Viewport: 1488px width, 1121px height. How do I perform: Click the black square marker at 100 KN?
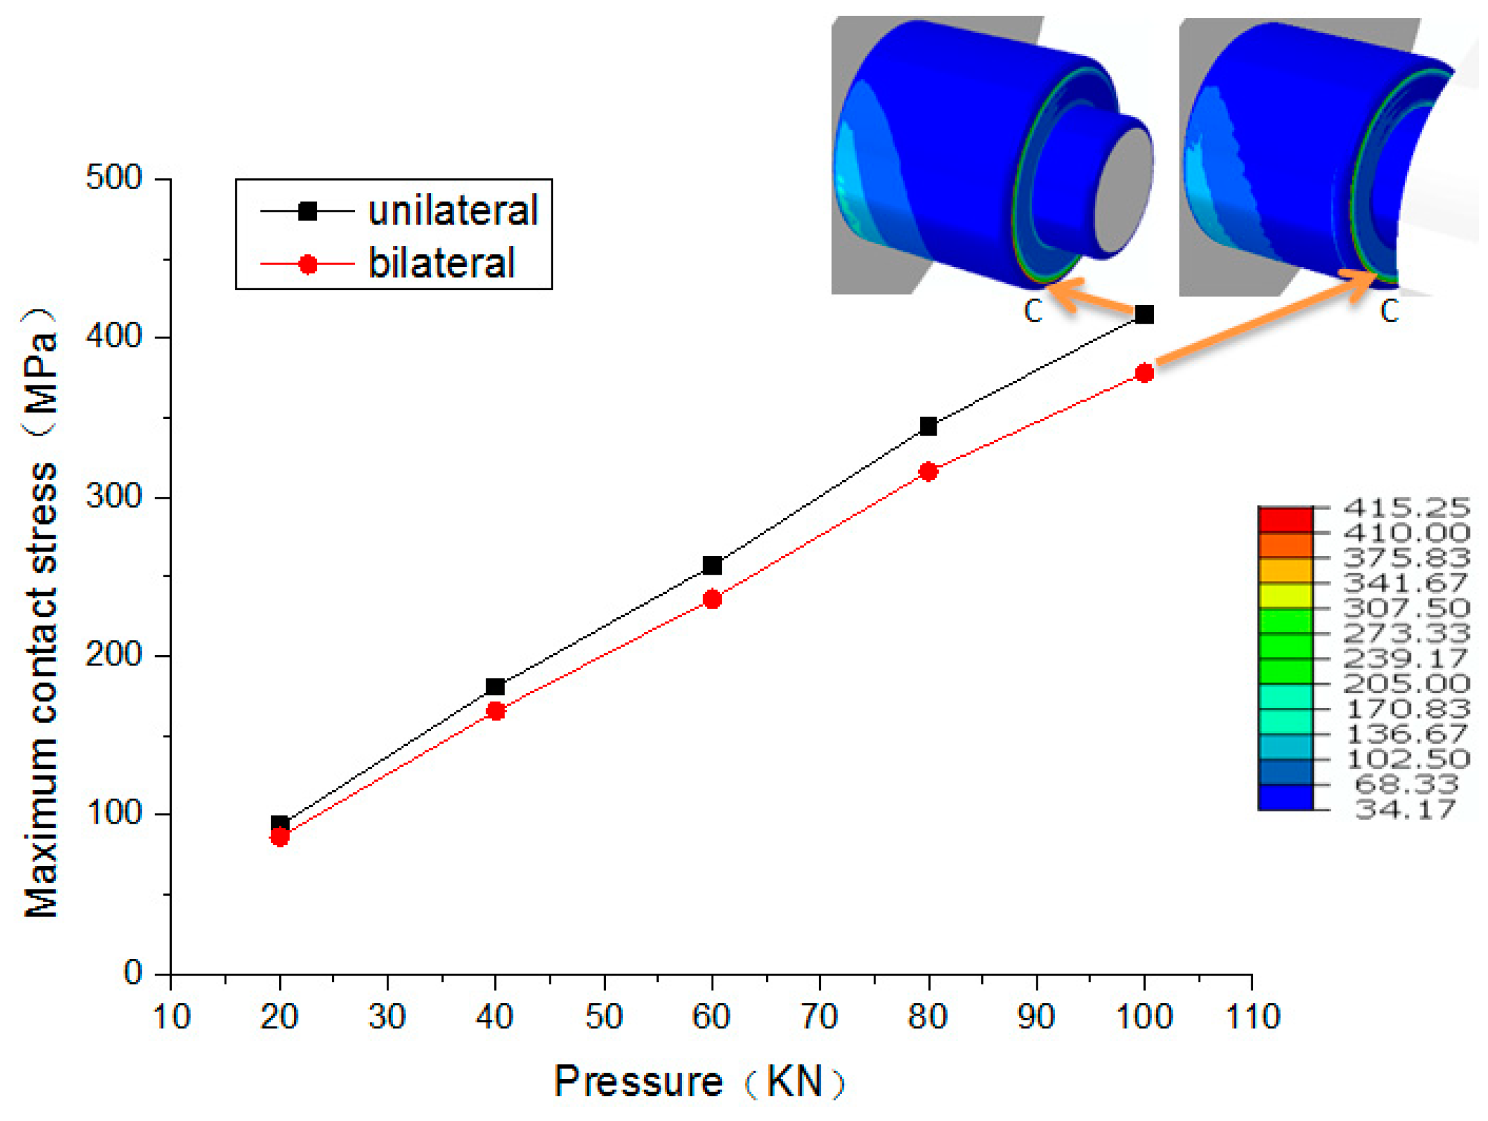click(1144, 314)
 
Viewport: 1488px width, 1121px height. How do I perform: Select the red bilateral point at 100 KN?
click(1144, 373)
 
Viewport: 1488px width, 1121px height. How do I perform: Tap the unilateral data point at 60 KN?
click(712, 565)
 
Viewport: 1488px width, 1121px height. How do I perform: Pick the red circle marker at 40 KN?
click(496, 711)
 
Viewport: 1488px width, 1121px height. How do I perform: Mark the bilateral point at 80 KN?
click(928, 472)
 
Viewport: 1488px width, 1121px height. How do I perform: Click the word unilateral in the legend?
click(453, 210)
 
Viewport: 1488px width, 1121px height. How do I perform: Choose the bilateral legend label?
click(441, 263)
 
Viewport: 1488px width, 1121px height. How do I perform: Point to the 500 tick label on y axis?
click(115, 178)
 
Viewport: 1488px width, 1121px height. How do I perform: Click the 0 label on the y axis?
click(133, 973)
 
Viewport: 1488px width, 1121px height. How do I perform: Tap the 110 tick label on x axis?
click(1252, 1017)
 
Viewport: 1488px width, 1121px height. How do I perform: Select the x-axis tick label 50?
click(603, 1017)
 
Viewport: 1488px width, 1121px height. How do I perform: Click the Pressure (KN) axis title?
click(699, 1081)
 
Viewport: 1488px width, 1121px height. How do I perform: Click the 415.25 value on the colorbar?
click(1406, 507)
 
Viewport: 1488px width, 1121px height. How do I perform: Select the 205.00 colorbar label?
click(1406, 683)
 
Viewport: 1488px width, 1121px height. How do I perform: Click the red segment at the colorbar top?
click(1285, 520)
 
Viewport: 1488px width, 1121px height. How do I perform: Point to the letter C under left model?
click(1033, 311)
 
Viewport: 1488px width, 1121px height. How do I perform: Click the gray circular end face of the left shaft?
click(1123, 190)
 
